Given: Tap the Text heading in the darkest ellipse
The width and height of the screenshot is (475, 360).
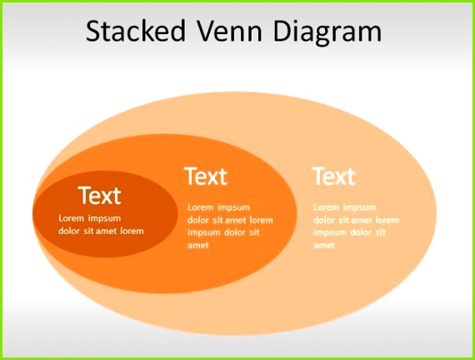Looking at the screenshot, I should [x=99, y=196].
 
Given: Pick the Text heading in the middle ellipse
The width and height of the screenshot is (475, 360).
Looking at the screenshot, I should [x=205, y=177].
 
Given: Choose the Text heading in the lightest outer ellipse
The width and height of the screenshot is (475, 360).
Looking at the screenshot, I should [x=333, y=177].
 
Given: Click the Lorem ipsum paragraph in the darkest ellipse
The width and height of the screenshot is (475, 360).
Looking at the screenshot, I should [x=100, y=224].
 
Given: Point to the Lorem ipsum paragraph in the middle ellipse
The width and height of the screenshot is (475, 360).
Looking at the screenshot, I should [x=229, y=226].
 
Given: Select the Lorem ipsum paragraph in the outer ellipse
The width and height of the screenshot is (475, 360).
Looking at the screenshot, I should [x=356, y=226].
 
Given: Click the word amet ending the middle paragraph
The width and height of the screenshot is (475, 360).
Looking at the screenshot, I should [x=198, y=246].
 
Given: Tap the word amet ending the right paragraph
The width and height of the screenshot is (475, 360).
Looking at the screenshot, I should [x=324, y=246].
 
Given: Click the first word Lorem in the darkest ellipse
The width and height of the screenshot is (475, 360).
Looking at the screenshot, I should [x=71, y=218].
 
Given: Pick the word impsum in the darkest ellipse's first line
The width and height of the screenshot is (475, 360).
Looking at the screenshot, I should [x=104, y=218].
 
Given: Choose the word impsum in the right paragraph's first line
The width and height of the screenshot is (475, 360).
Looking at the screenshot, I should [x=359, y=207].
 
